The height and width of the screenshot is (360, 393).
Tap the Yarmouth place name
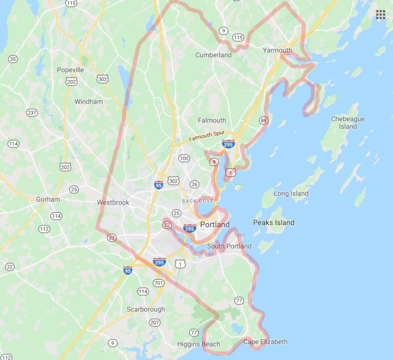tap(277, 50)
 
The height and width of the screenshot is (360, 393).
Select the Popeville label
tap(71, 70)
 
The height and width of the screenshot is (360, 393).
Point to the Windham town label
tap(89, 101)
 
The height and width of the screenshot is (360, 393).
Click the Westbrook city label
tap(113, 202)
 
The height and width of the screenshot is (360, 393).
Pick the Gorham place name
tap(48, 199)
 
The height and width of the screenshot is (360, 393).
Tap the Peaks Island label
tap(274, 222)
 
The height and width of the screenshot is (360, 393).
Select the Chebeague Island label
tap(347, 122)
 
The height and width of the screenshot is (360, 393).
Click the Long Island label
tap(291, 193)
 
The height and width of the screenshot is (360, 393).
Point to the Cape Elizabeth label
tap(265, 342)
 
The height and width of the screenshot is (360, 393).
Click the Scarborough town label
tap(146, 309)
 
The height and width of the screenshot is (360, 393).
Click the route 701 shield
tap(159, 282)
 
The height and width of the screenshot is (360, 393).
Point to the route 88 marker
tap(264, 120)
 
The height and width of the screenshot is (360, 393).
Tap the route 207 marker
tap(154, 322)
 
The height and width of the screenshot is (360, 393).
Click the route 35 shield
tap(13, 59)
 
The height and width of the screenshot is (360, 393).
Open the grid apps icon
tap(380, 14)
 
